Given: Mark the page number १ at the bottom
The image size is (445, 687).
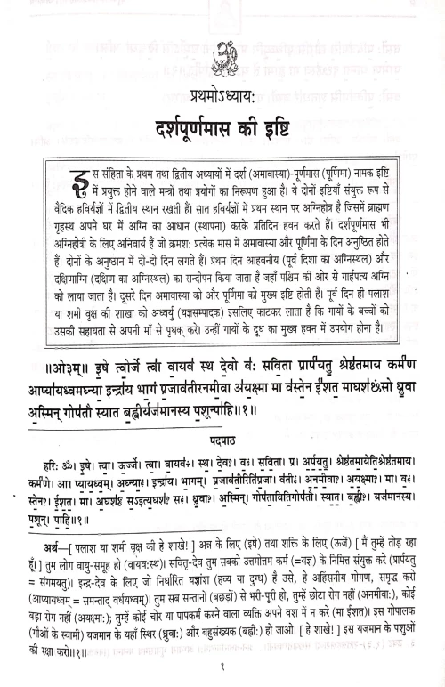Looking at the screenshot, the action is pyautogui.click(x=222, y=670).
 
